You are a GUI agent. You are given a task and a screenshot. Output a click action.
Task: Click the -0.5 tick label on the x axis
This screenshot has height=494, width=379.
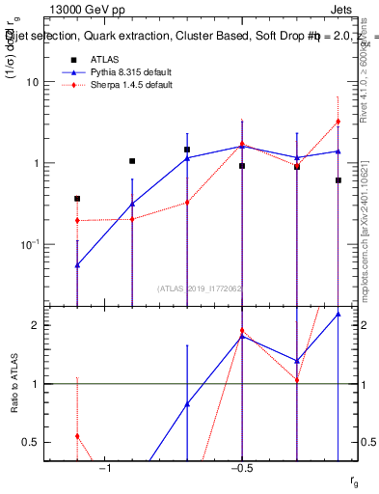coord(240,468)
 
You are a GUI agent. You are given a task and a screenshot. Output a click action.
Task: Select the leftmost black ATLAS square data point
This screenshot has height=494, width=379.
coord(77,199)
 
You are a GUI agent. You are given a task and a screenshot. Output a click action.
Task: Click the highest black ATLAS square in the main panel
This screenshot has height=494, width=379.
coord(187,150)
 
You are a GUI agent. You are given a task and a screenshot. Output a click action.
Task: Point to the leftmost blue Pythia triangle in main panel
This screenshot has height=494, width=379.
coord(77,264)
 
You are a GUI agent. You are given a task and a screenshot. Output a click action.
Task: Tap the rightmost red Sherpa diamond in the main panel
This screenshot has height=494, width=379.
coord(338,122)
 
